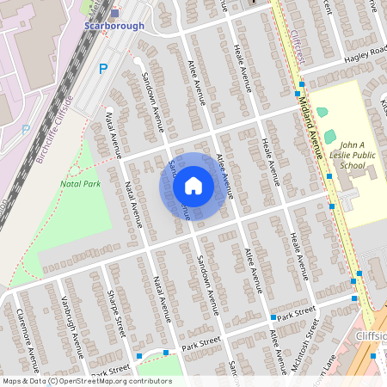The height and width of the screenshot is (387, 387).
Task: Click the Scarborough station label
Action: pyautogui.click(x=114, y=26)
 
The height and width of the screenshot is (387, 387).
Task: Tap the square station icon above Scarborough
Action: pyautogui.click(x=114, y=12)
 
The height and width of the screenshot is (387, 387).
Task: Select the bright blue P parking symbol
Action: pyautogui.click(x=103, y=69)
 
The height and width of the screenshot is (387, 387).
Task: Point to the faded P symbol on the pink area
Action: pyautogui.click(x=25, y=129)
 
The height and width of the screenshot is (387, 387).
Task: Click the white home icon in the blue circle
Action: pyautogui.click(x=193, y=186)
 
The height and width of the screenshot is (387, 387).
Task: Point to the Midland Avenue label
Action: pyautogui.click(x=314, y=120)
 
